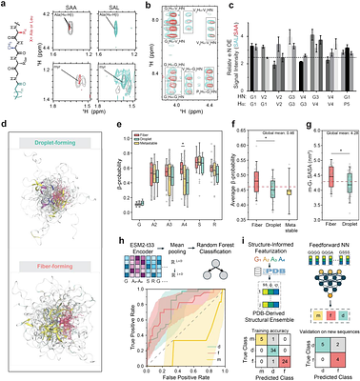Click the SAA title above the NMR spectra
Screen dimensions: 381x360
[79, 10]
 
